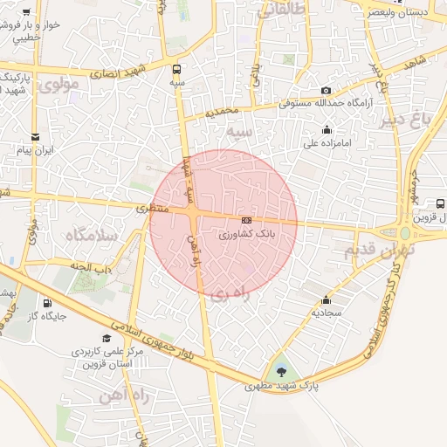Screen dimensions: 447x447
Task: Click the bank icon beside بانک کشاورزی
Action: [247, 220]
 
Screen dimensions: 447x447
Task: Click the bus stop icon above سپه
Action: [178, 69]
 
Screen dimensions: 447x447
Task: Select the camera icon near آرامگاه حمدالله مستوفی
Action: [326, 90]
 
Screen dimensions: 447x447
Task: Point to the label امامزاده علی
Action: [327, 142]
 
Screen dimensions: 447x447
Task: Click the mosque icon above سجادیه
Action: [327, 299]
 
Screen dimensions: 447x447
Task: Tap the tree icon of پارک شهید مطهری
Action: [281, 371]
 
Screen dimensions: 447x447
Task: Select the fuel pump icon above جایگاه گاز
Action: [46, 304]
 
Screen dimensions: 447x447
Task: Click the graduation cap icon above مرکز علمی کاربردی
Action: [107, 338]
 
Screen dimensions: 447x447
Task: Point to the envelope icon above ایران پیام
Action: [35, 137]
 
